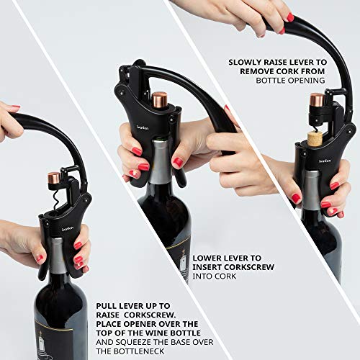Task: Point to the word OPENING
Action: tap(306, 81)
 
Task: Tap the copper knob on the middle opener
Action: tap(159, 98)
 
